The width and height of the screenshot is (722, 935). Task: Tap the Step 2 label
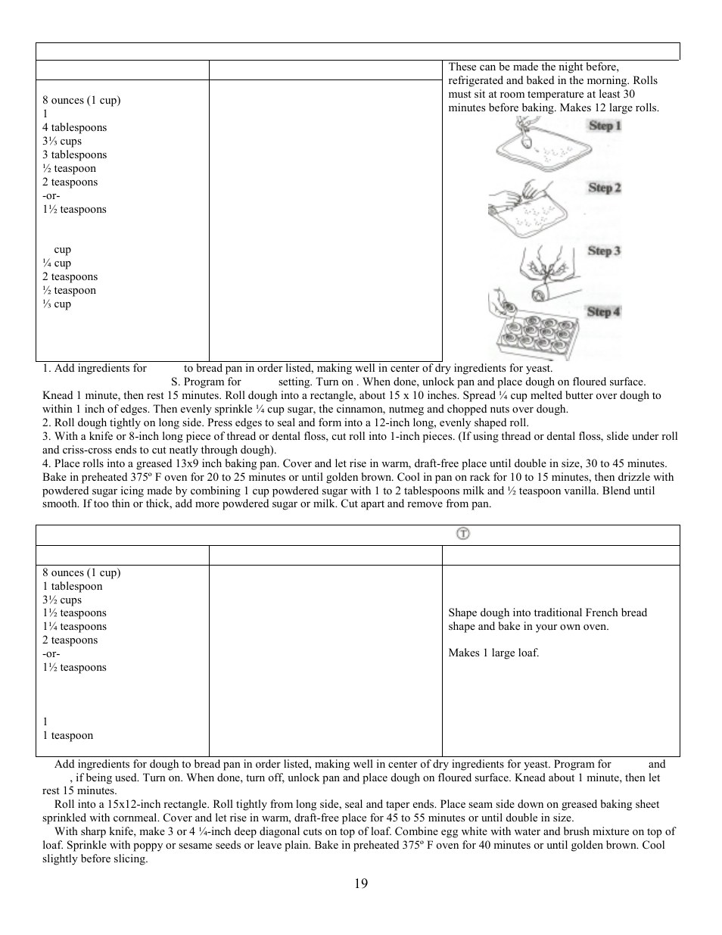604,188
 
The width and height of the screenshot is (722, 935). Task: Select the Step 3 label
604,251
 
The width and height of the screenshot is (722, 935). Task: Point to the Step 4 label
603,311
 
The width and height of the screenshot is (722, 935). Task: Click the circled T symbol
462,534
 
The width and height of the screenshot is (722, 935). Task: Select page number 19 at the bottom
360,884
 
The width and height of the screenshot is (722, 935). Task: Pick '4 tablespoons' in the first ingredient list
74,128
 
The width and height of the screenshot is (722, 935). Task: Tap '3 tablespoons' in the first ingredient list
74,155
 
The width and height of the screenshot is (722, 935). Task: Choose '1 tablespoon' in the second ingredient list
72,587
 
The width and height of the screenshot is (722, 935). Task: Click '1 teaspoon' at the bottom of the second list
68,736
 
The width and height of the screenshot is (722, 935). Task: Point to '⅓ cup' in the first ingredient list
57,304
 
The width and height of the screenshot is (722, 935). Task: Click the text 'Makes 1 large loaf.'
493,653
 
